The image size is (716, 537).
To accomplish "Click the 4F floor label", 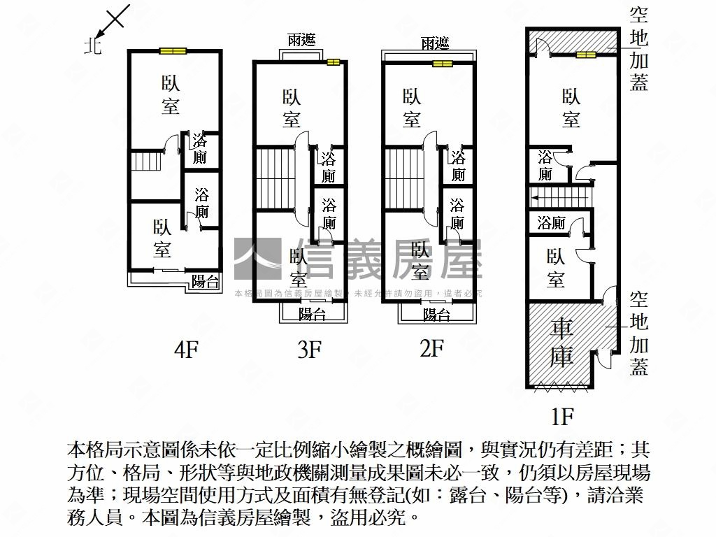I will [187, 349].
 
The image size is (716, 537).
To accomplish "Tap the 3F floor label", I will [308, 349].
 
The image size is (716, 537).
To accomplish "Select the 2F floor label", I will [432, 348].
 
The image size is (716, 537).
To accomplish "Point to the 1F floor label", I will [562, 417].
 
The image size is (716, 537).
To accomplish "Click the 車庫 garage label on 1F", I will [562, 342].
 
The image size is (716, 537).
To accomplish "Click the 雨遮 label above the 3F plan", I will [301, 41].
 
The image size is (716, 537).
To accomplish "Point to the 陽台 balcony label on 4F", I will [205, 282].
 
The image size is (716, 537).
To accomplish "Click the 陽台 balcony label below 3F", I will [312, 315].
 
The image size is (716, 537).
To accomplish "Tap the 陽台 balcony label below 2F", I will [436, 315].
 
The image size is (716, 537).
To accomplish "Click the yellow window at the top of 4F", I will [172, 50].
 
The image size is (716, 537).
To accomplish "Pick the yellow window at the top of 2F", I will [442, 64].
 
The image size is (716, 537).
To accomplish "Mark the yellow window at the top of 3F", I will [332, 62].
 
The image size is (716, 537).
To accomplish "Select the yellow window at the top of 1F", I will [586, 54].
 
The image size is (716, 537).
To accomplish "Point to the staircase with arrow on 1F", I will [559, 197].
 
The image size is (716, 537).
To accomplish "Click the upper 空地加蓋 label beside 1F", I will [639, 49].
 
